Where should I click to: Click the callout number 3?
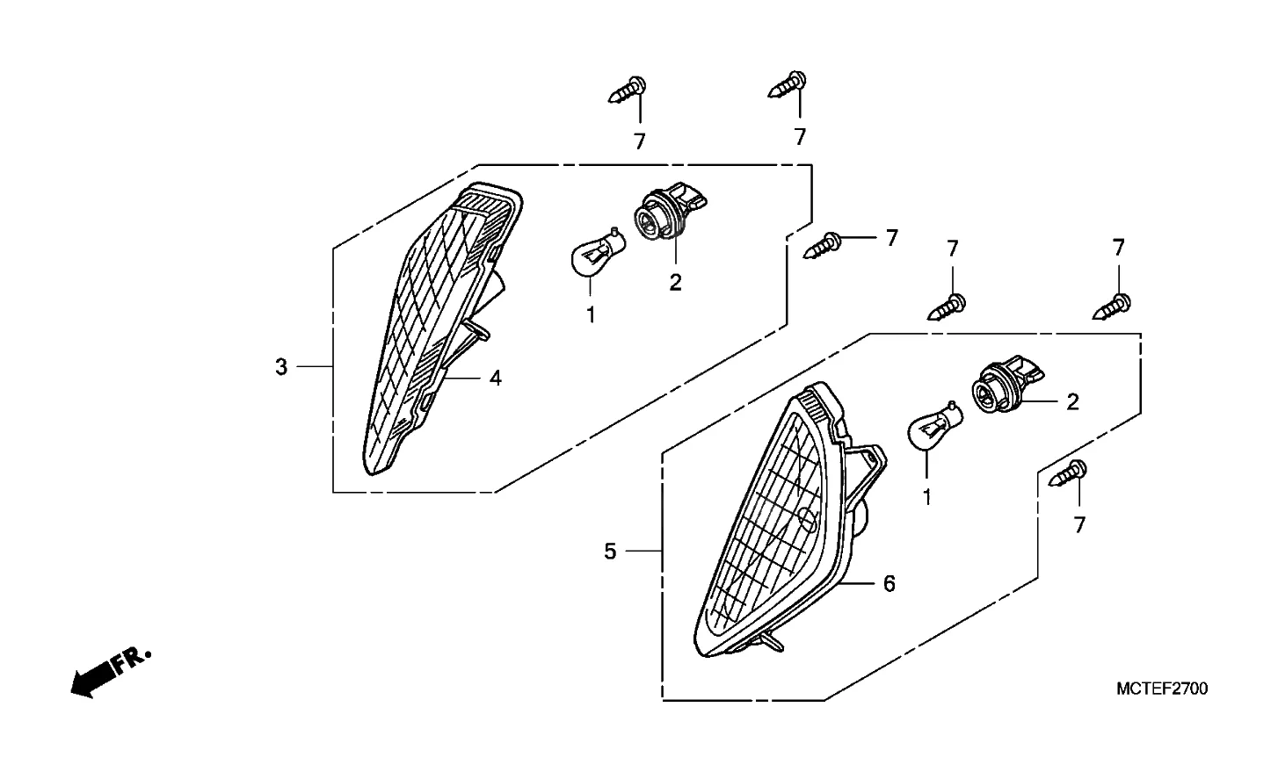tap(281, 367)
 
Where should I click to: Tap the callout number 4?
tap(496, 379)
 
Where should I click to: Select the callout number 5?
tap(611, 552)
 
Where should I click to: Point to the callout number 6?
tap(889, 584)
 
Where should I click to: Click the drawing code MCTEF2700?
tap(1161, 689)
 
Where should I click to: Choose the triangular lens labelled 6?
tap(773, 527)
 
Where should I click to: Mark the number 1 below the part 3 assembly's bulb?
tap(592, 314)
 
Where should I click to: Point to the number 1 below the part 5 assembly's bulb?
tap(926, 498)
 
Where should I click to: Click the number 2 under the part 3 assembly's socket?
tap(675, 283)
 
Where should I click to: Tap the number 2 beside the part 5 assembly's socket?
tap(1072, 402)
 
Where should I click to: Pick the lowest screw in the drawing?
tap(1069, 474)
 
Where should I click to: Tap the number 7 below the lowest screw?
tap(1079, 525)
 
